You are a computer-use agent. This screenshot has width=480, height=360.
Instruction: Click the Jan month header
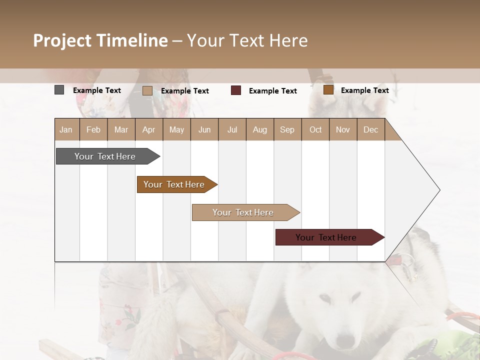tap(66, 130)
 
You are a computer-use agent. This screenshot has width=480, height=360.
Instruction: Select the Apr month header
tap(149, 130)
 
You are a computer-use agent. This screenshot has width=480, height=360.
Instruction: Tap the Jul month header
tap(232, 130)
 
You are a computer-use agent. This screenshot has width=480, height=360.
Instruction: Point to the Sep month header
tap(287, 130)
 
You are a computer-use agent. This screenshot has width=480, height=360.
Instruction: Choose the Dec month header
tap(370, 130)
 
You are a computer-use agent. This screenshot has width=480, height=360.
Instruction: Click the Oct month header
tap(315, 130)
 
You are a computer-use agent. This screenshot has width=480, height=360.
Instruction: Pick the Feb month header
tap(93, 130)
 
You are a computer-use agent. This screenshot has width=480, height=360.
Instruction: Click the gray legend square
tap(59, 90)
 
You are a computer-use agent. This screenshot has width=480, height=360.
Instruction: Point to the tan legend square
tap(147, 90)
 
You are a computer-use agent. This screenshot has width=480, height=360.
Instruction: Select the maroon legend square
tap(236, 90)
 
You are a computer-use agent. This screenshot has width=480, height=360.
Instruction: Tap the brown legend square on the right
tap(328, 90)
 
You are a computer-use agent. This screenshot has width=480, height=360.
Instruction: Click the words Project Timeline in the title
tap(100, 40)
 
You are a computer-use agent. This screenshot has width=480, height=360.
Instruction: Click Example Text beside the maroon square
tap(272, 91)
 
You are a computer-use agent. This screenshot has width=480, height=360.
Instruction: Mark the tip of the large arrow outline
tap(439, 190)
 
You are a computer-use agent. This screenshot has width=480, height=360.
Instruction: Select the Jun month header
tap(204, 130)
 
